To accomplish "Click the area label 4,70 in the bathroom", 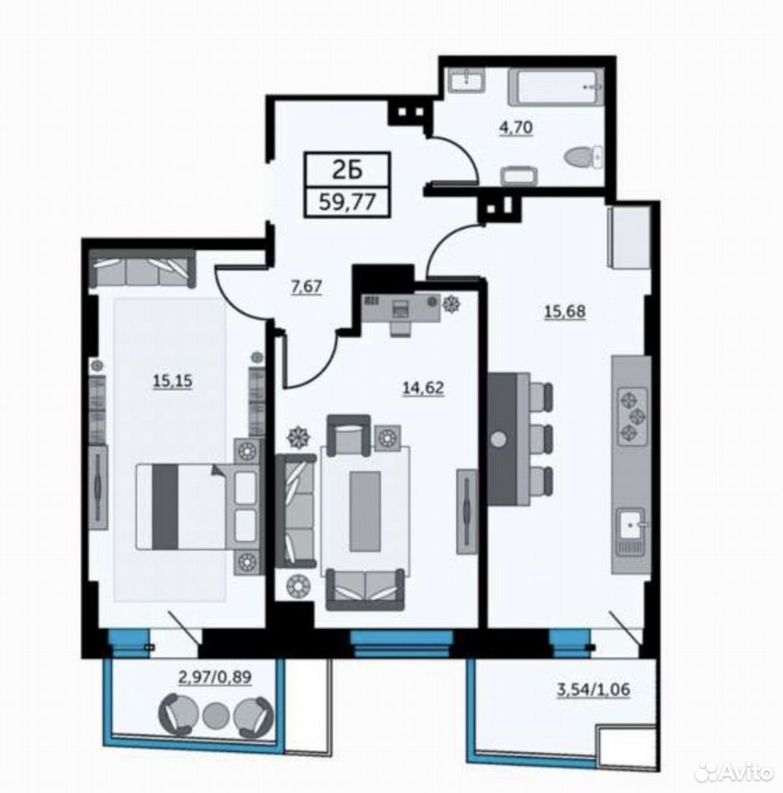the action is (x=516, y=127).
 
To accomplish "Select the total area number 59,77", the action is (x=347, y=202).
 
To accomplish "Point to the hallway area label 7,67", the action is (x=306, y=287).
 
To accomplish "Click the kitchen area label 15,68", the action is (x=564, y=311).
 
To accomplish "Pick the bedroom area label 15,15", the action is (x=173, y=380).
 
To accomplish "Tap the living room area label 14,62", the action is (x=423, y=388).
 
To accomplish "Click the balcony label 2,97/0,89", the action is (x=215, y=677).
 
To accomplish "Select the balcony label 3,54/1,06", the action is (x=593, y=690).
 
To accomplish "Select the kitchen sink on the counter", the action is (x=629, y=526).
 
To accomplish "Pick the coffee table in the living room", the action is (x=365, y=510).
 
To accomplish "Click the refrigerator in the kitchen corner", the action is (x=628, y=236).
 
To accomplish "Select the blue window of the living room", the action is (x=402, y=644).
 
